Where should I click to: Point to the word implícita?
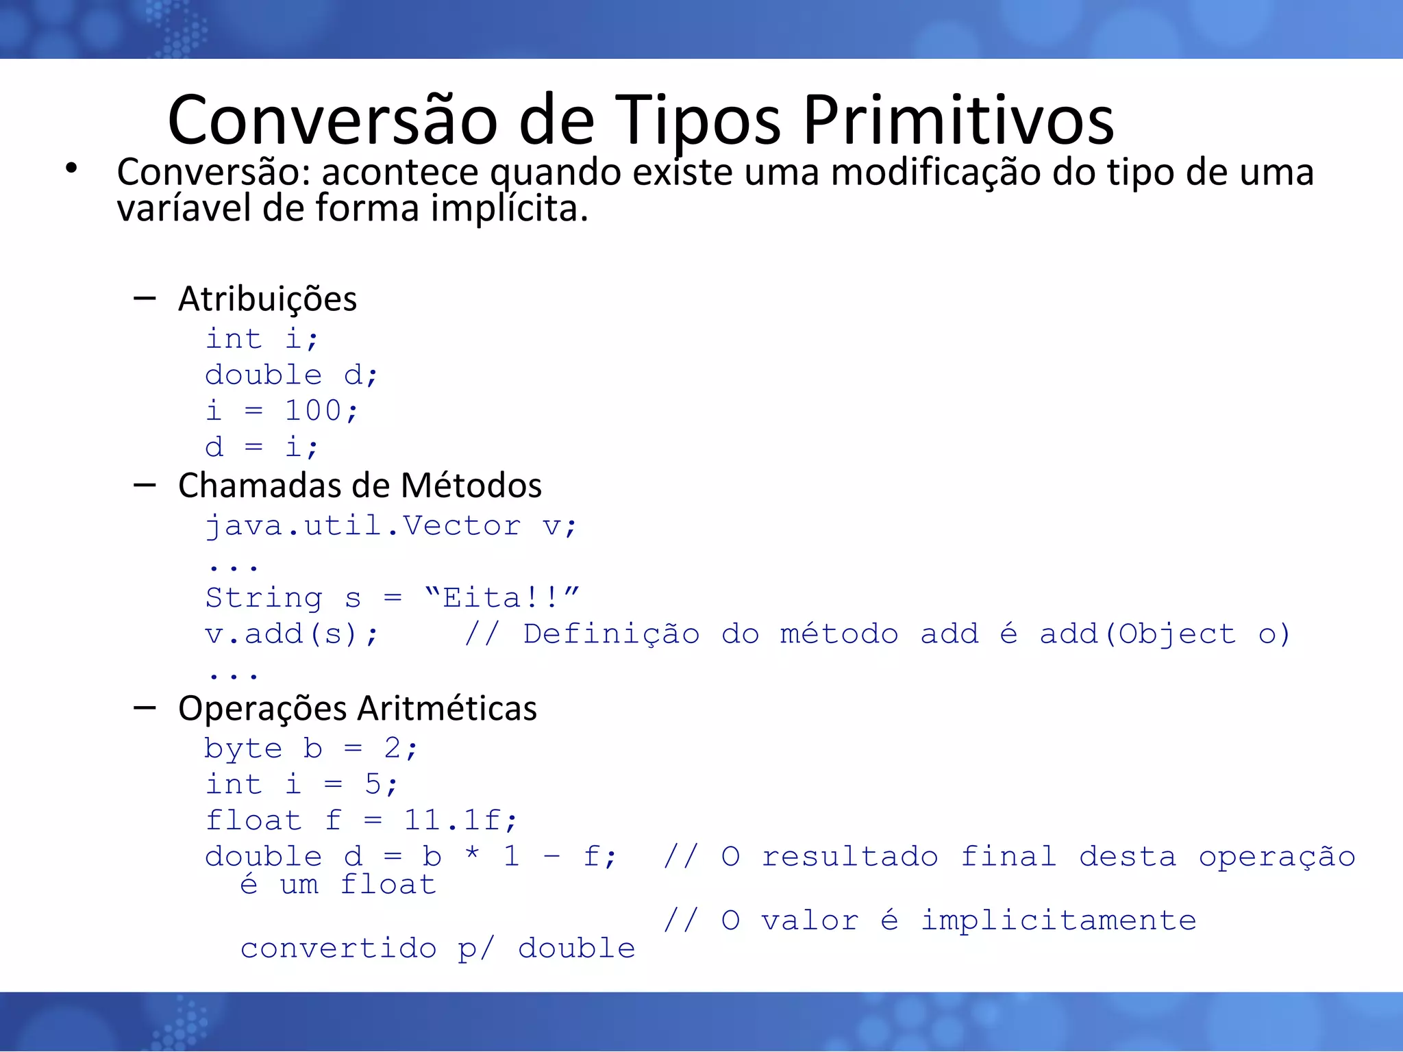click(509, 208)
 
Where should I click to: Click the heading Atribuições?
click(267, 299)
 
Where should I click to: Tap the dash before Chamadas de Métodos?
click(145, 486)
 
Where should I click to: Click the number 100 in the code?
click(313, 411)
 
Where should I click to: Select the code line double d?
click(291, 375)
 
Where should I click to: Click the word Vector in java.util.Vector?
click(462, 526)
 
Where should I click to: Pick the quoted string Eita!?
click(502, 598)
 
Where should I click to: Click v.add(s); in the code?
click(291, 634)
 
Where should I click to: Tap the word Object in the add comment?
click(1177, 634)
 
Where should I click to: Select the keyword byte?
click(243, 748)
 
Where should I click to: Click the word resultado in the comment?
click(849, 857)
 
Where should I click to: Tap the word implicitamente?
click(1058, 920)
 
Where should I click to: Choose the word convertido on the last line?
click(338, 949)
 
